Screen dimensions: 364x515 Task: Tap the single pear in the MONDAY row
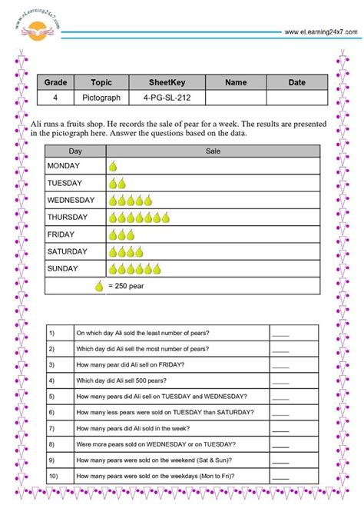click(x=113, y=166)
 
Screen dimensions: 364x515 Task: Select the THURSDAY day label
click(x=68, y=217)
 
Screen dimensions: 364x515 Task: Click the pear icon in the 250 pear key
click(x=99, y=287)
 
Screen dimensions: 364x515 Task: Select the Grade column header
click(x=56, y=82)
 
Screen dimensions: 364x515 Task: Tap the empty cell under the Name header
click(x=236, y=98)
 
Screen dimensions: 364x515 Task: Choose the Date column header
click(x=296, y=82)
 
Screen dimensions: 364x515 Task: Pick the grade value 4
click(x=56, y=98)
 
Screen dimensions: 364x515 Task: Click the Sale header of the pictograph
click(x=213, y=152)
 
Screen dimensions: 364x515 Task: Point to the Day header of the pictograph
click(x=75, y=152)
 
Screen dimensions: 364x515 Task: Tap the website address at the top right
click(x=320, y=32)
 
